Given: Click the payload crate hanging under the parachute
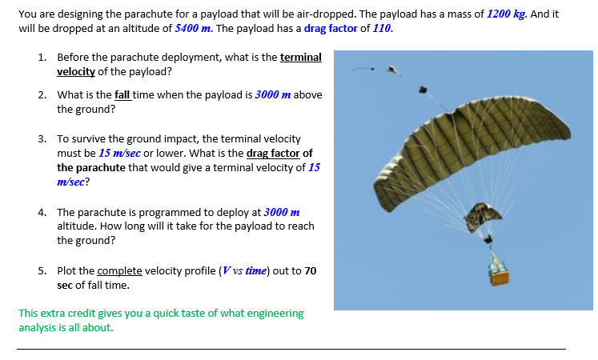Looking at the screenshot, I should tap(500, 276).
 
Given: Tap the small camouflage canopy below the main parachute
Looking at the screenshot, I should tap(484, 215).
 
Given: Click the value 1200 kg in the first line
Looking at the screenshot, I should tap(507, 14).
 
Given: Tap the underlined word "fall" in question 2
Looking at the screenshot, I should tap(123, 94).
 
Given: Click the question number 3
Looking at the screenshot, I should tap(42, 139).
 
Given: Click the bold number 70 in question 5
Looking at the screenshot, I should tap(309, 270).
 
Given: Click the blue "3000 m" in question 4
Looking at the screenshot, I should tap(281, 212).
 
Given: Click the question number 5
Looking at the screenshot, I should tap(42, 270).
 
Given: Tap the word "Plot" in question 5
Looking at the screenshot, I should tap(67, 270).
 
